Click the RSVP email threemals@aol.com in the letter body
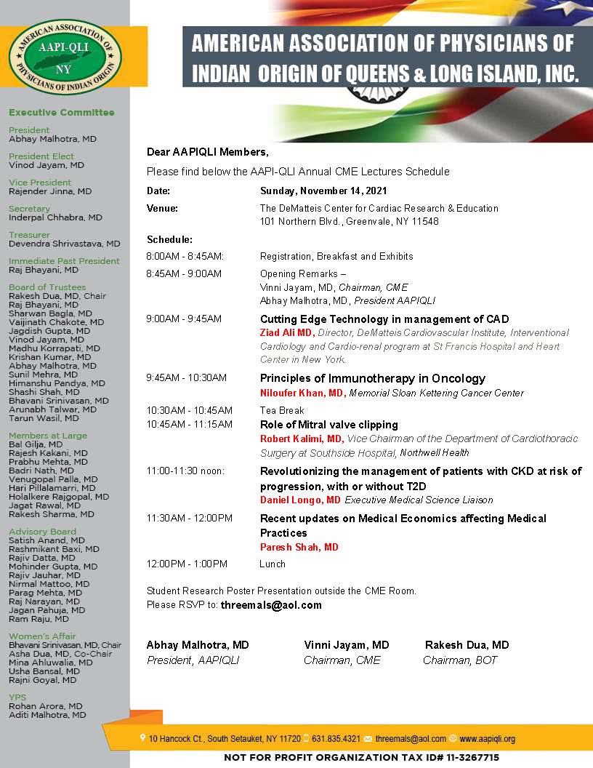click(271, 605)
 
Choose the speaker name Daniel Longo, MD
click(300, 500)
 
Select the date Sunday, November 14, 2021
click(323, 191)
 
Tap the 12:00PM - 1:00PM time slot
click(187, 564)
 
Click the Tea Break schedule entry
click(282, 410)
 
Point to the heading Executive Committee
click(62, 113)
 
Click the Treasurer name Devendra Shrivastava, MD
click(65, 244)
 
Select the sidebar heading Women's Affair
click(42, 636)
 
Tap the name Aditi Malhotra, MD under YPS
click(47, 715)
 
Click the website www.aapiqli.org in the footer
click(487, 739)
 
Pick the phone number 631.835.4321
click(336, 739)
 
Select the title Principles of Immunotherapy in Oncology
click(372, 378)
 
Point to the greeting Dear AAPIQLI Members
click(207, 152)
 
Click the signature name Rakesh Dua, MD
click(467, 645)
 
